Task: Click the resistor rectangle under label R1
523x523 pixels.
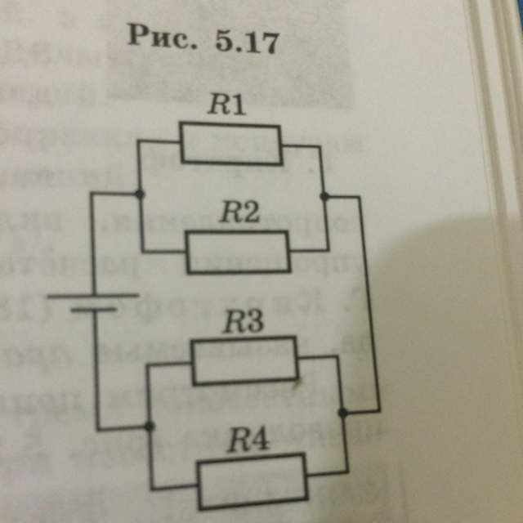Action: coord(230,144)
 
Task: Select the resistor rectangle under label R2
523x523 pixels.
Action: coord(238,252)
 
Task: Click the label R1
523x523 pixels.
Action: coord(226,105)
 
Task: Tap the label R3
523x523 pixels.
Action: coord(244,323)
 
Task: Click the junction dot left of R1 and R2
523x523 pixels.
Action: coord(140,194)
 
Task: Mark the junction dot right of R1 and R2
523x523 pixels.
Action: coord(324,196)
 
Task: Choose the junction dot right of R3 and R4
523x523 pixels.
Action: coord(343,413)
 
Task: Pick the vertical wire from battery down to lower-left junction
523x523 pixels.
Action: coord(97,368)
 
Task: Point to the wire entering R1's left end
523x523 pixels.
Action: coord(160,141)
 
